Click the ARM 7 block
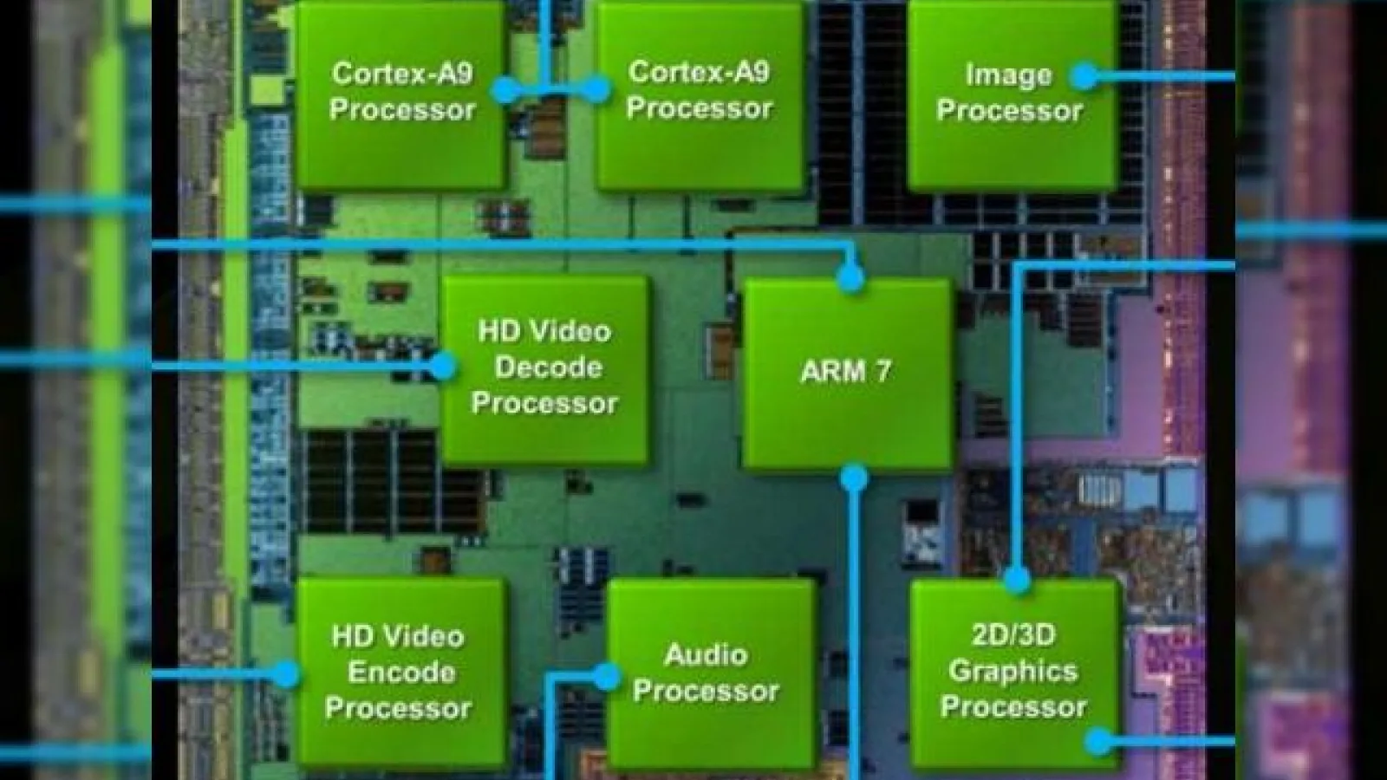pyautogui.click(x=846, y=374)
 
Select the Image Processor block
pyautogui.click(x=1013, y=94)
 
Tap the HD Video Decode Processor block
pyautogui.click(x=545, y=369)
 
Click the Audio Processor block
pyautogui.click(x=710, y=675)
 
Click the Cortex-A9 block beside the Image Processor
pyautogui.click(x=700, y=94)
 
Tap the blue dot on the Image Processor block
pyautogui.click(x=1084, y=76)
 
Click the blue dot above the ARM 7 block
pyautogui.click(x=850, y=278)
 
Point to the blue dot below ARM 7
pyautogui.click(x=854, y=478)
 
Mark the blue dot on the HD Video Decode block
pyautogui.click(x=442, y=367)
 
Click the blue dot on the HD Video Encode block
pyautogui.click(x=285, y=674)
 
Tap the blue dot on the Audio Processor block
pyautogui.click(x=607, y=677)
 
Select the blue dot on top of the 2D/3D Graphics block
pyautogui.click(x=1017, y=580)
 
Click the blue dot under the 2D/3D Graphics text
pyautogui.click(x=1099, y=741)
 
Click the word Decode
pyautogui.click(x=549, y=367)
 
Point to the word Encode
pyautogui.click(x=401, y=673)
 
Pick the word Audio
pyautogui.click(x=706, y=655)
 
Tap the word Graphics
pyautogui.click(x=1013, y=672)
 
